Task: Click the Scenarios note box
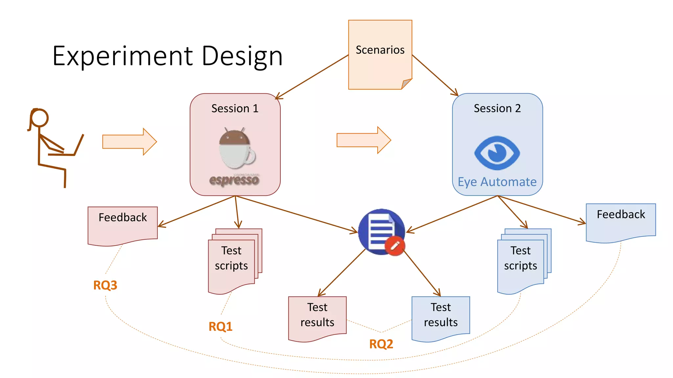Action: [380, 54]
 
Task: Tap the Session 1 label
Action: [235, 108]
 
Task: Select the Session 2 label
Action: [497, 108]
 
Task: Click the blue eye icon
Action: [497, 153]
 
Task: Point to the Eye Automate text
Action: [497, 182]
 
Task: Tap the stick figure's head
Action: [40, 118]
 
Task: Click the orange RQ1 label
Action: [220, 326]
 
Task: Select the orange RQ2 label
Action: [381, 344]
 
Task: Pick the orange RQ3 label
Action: [105, 285]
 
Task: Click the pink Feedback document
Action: [123, 225]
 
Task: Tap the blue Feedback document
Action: [620, 221]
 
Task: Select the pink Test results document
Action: [317, 317]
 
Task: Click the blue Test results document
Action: [440, 317]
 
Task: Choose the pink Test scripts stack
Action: [232, 261]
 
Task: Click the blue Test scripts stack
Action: [521, 261]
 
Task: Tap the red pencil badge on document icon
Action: [395, 245]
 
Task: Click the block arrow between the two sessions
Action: [363, 140]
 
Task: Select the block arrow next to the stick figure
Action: [129, 142]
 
